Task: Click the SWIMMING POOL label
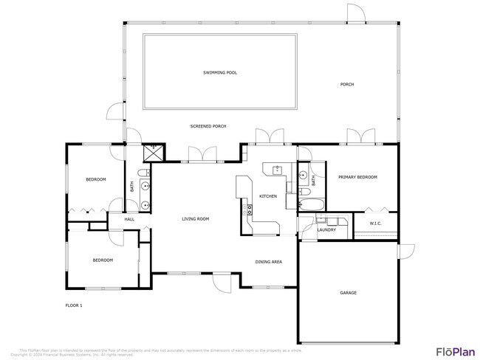220,73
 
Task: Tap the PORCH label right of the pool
346,85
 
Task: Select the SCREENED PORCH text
208,127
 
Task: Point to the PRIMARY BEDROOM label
357,178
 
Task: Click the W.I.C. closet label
374,224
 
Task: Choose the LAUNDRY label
326,230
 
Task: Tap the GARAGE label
348,293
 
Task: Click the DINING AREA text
268,262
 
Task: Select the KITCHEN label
267,196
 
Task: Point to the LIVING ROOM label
196,219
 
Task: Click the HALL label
129,220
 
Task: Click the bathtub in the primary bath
309,204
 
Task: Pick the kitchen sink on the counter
278,170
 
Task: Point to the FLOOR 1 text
74,305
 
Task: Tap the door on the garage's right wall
405,252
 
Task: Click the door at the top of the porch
356,13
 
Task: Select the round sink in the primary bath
304,176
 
